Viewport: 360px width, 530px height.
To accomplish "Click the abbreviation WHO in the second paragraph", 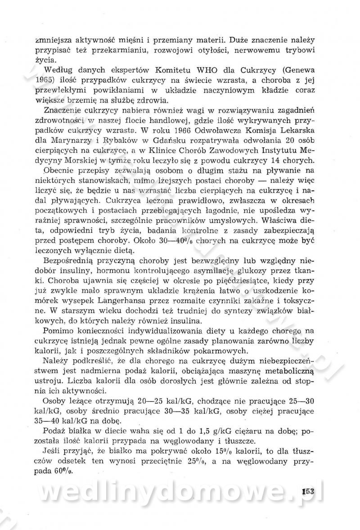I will tap(198, 69).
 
